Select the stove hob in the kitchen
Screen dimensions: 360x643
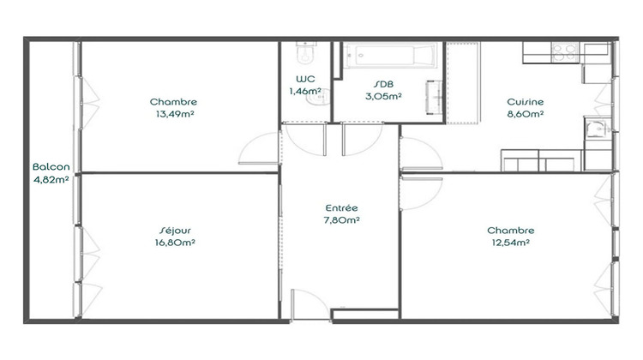click(x=563, y=51)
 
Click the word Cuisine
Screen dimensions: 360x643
click(x=525, y=101)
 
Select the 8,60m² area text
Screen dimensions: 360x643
click(x=525, y=113)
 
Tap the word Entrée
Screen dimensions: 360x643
click(x=341, y=208)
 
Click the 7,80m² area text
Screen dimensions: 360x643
click(x=341, y=220)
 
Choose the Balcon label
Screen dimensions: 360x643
click(x=51, y=167)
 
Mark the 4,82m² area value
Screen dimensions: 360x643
click(x=51, y=180)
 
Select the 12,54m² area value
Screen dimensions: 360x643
click(x=510, y=243)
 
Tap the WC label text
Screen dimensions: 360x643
click(x=303, y=79)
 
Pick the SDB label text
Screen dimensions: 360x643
click(x=383, y=84)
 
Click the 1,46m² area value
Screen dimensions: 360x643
click(x=304, y=91)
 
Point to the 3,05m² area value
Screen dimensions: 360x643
click(x=383, y=96)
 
